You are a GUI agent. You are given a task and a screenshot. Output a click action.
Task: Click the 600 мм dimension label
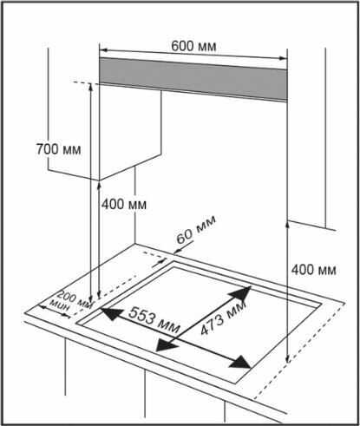tap(193, 46)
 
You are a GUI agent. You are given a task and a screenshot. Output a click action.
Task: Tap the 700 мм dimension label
tap(58, 149)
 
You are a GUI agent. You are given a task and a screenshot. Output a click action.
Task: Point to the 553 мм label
tap(154, 319)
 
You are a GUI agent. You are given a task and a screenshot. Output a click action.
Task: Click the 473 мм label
tap(223, 318)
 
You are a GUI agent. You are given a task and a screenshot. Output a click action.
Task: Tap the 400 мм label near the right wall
tap(313, 270)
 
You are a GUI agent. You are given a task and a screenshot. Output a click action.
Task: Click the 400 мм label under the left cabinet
tap(124, 205)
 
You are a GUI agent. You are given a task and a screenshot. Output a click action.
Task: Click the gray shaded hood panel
tap(193, 79)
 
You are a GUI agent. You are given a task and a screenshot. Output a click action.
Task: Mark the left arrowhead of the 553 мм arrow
tap(111, 314)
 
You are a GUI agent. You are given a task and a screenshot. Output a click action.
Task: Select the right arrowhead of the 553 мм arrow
tap(239, 363)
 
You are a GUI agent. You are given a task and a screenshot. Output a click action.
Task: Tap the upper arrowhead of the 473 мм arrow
tap(240, 293)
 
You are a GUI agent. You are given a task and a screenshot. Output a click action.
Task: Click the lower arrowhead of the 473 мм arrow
tap(166, 345)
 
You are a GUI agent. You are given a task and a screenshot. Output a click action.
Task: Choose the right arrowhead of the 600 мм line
tap(283, 58)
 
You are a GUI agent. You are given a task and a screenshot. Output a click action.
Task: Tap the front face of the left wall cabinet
tap(130, 132)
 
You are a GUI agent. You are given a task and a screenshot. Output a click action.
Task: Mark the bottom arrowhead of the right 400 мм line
tap(287, 358)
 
